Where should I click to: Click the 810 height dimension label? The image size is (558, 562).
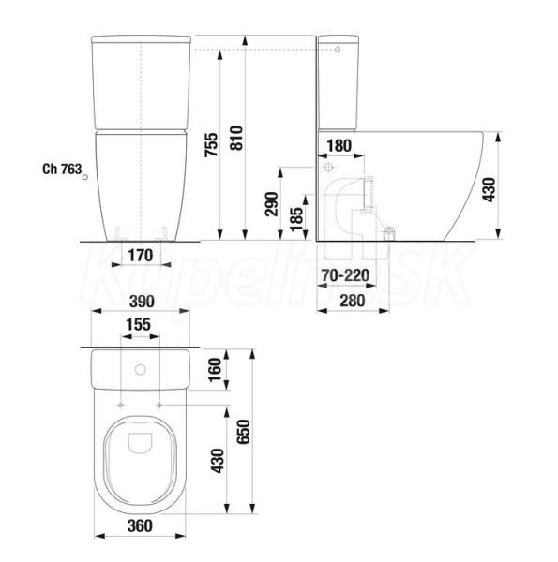tap(237, 138)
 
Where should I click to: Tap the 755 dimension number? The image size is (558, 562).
tap(211, 144)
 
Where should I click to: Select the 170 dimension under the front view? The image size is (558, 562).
tap(141, 256)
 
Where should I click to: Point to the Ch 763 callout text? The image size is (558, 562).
tap(62, 169)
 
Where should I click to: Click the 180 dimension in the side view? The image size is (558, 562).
tap(339, 146)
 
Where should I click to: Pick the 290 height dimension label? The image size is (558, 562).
tap(272, 204)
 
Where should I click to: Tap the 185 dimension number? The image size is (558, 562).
tap(296, 219)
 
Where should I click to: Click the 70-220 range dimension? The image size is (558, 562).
tap(345, 275)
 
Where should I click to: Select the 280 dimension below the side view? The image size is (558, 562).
tap(353, 301)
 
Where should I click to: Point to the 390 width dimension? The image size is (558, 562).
tap(142, 302)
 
